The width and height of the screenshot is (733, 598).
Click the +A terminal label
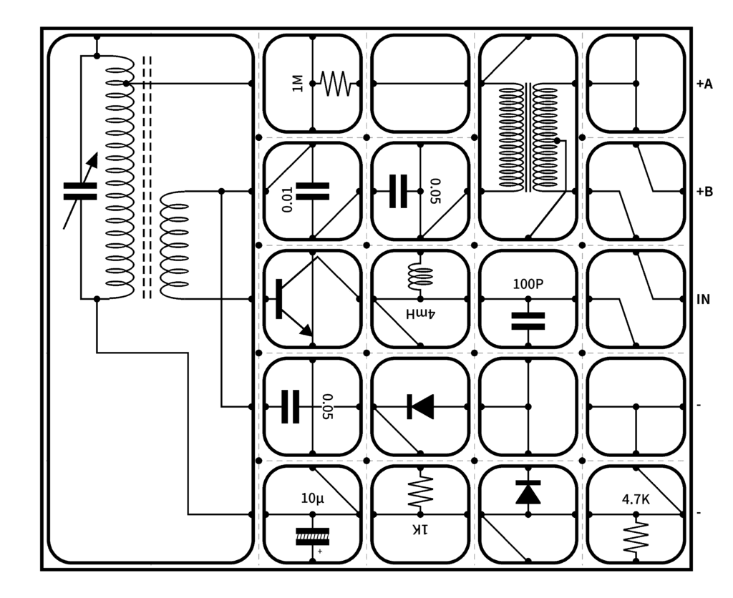coord(704,84)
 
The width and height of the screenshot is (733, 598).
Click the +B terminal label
coord(704,192)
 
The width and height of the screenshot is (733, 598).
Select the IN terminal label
coord(703,299)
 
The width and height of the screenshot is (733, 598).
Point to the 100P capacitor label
coord(528,284)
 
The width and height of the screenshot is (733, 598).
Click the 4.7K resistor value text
coord(636,500)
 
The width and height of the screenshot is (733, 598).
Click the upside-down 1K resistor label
coord(419,529)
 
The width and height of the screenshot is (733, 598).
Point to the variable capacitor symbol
coord(79,191)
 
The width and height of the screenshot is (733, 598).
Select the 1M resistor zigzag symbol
coord(336,84)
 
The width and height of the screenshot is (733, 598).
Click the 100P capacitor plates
coord(528,320)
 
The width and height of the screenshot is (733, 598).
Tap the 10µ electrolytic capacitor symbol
coord(313,536)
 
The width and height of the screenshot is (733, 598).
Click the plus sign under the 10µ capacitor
coord(320,552)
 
